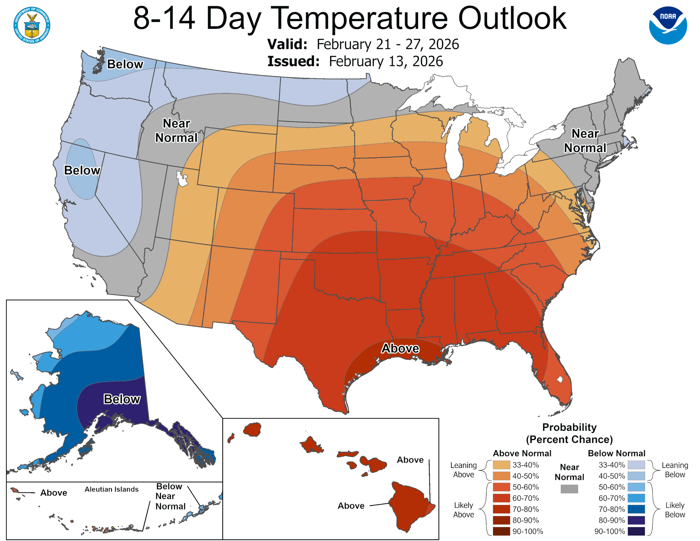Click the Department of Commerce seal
(32, 25)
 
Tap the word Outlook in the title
(512, 18)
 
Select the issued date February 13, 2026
(386, 61)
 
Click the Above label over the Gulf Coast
(400, 348)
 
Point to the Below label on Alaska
(122, 399)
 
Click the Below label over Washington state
(125, 64)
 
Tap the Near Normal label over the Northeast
(585, 141)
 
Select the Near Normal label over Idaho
(176, 130)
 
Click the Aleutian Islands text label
(111, 489)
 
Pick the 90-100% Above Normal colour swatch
(501, 531)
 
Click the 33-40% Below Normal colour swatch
(636, 465)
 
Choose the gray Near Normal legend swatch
(569, 488)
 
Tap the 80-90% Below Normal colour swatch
(636, 520)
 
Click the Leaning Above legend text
(463, 470)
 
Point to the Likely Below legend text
(675, 510)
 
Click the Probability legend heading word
(569, 427)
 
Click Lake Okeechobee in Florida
(560, 379)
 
